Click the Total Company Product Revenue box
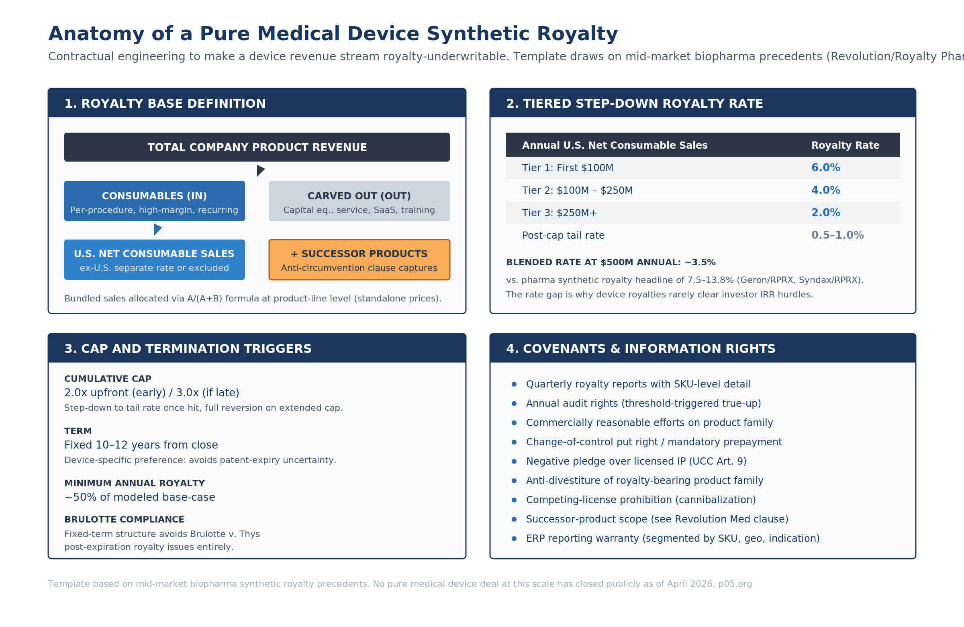(x=257, y=147)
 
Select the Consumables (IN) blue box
(x=154, y=201)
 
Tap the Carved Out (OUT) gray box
(x=359, y=201)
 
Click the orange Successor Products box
(x=359, y=260)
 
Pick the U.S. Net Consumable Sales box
(x=154, y=260)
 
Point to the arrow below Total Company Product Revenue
(x=260, y=171)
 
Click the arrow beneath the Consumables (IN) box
(x=157, y=229)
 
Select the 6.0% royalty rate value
(x=825, y=168)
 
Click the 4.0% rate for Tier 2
(x=825, y=190)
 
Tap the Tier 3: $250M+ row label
(x=559, y=213)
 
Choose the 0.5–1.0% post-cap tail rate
(x=837, y=235)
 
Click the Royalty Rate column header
(x=845, y=145)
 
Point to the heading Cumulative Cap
(x=108, y=379)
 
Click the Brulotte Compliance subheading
(x=124, y=519)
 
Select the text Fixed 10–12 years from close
(x=141, y=445)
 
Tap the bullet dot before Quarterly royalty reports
(x=514, y=384)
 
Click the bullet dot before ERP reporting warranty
(x=514, y=539)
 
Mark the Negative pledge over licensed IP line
(x=636, y=461)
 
